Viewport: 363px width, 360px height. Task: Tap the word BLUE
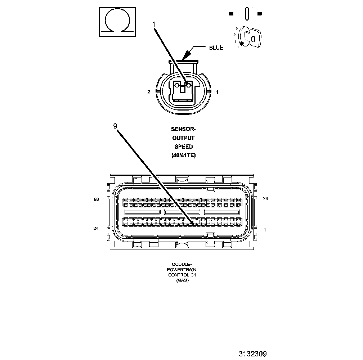[216, 48]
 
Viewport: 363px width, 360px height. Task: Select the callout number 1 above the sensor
[154, 24]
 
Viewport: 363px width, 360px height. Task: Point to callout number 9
[115, 126]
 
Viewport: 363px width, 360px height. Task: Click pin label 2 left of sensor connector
[148, 92]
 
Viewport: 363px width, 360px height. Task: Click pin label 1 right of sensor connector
[217, 92]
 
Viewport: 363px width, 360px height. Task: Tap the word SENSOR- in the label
[183, 129]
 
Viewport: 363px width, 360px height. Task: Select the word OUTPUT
[183, 138]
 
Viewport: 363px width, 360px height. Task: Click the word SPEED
[183, 147]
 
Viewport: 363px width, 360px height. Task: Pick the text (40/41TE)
[183, 156]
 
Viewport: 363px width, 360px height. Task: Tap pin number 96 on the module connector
[96, 199]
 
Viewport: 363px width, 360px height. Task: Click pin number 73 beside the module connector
[266, 199]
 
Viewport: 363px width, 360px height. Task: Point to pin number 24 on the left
[96, 228]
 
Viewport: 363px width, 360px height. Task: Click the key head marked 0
[254, 39]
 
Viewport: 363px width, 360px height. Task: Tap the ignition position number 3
[237, 28]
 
